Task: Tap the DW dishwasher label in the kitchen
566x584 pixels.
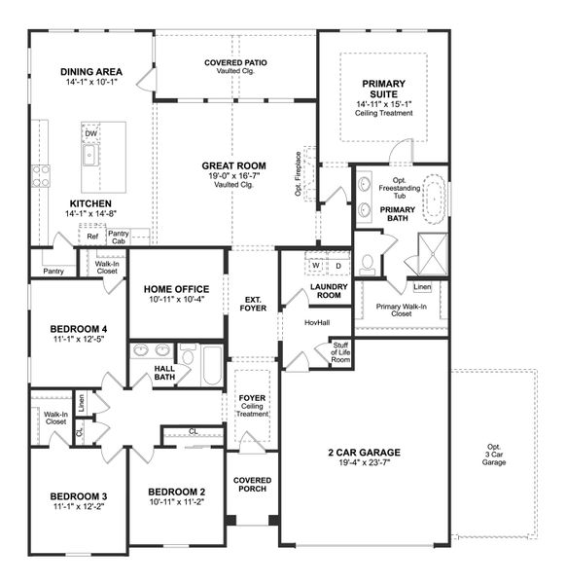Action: (x=90, y=134)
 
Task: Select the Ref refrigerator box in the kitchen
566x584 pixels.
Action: (x=92, y=236)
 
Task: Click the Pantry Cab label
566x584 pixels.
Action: (x=119, y=237)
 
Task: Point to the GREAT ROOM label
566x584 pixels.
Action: (x=233, y=165)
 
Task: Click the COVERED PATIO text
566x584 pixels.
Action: (x=235, y=63)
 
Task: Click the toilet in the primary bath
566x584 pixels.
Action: (x=368, y=263)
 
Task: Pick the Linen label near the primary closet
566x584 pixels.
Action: (x=421, y=287)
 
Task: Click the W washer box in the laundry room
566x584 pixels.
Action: (x=316, y=266)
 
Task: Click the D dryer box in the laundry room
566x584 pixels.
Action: (x=337, y=266)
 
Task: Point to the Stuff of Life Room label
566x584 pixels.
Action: (x=339, y=352)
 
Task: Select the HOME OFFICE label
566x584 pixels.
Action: (x=176, y=289)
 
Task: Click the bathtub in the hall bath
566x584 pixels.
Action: (x=211, y=369)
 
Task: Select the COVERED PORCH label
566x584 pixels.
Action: (x=252, y=484)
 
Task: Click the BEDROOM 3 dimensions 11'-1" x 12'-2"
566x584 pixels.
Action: (x=78, y=507)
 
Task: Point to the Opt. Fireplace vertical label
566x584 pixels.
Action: (x=299, y=174)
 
